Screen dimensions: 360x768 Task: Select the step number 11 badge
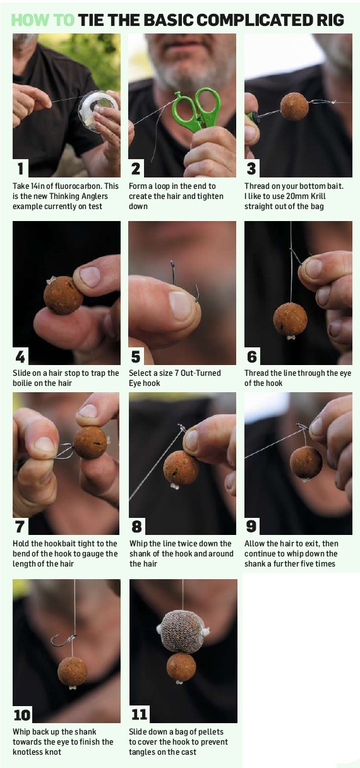pos(139,714)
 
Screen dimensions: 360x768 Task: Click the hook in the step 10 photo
pos(64,639)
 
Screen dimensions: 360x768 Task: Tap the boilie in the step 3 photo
pos(294,106)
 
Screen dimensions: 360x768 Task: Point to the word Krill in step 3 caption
pos(317,196)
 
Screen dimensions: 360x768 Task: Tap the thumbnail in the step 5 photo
pos(181,306)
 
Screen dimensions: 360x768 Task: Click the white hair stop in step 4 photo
pos(51,281)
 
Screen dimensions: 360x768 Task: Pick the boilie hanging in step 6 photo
pos(290,319)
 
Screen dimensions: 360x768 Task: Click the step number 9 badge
pos(251,526)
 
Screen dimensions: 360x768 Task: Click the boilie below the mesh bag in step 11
pos(181,667)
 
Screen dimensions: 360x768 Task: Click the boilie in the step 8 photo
pos(181,468)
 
